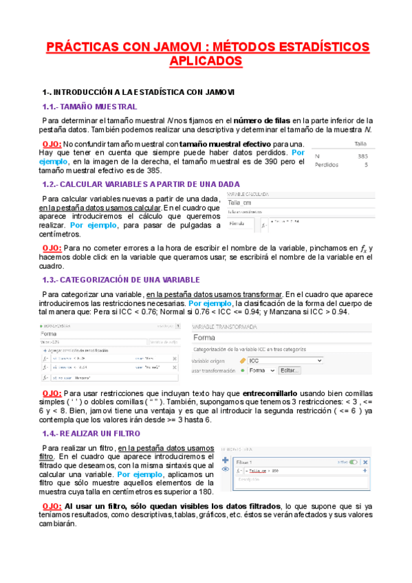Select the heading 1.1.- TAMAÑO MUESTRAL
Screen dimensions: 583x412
[89, 107]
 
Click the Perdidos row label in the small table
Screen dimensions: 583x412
[328, 165]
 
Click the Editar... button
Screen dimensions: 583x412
[290, 371]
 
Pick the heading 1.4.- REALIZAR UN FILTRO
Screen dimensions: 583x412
[91, 434]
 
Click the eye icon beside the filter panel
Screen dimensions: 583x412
[225, 470]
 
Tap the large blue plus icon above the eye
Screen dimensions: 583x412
[225, 458]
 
